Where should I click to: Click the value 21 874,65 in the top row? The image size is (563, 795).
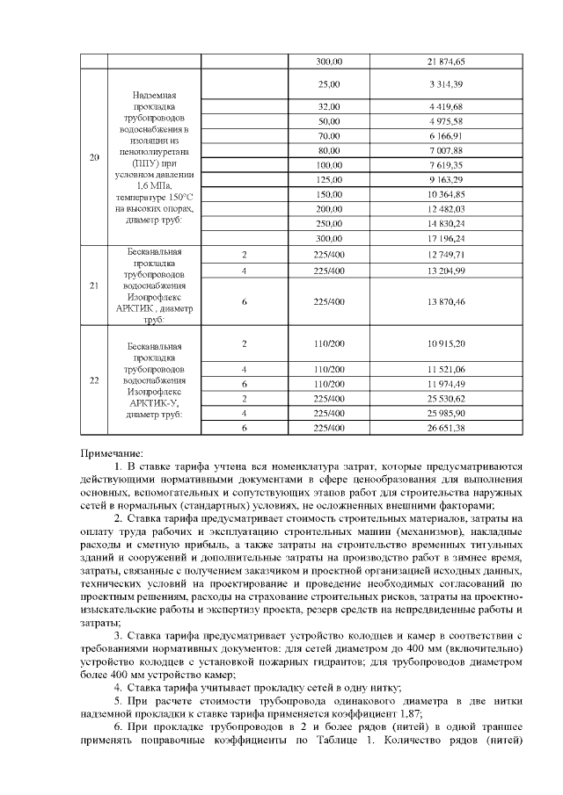click(x=446, y=61)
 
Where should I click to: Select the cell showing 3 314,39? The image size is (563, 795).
click(x=446, y=83)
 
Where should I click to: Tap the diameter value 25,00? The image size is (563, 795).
click(x=329, y=83)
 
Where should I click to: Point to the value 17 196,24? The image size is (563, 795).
click(x=446, y=238)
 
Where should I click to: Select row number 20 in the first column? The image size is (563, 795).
click(x=94, y=158)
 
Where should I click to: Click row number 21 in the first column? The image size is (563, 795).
click(x=94, y=286)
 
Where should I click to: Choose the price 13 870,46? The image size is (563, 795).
click(x=446, y=301)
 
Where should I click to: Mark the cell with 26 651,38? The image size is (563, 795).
click(x=446, y=427)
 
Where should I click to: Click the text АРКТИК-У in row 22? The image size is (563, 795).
click(x=154, y=403)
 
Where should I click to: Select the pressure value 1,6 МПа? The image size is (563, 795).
click(x=154, y=186)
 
